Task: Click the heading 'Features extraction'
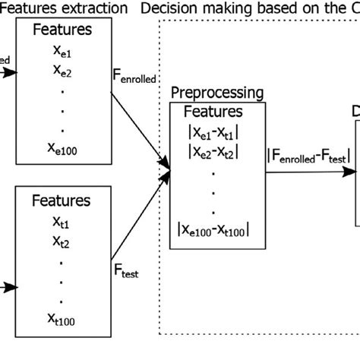(x=64, y=9)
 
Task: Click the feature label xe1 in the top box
(x=63, y=53)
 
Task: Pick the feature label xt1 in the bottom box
(x=63, y=223)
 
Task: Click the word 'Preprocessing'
(x=217, y=94)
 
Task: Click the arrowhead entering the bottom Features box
(x=11, y=287)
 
